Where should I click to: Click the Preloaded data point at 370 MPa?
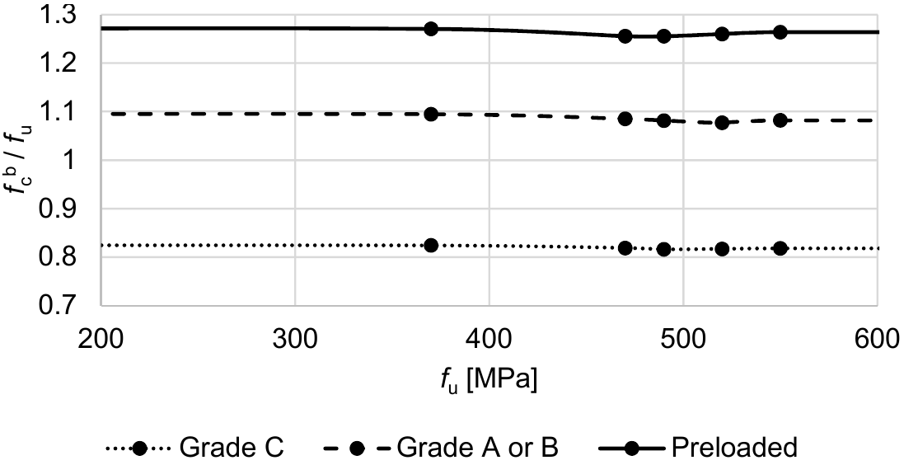coord(431,29)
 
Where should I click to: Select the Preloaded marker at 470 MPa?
coord(625,36)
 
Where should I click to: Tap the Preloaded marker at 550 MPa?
coord(780,32)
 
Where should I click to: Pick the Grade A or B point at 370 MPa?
coord(431,114)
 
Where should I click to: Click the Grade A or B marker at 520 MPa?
coord(723,122)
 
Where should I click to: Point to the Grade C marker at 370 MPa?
coord(431,245)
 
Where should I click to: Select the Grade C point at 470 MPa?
coord(625,248)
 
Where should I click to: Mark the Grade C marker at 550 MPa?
coord(780,248)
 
